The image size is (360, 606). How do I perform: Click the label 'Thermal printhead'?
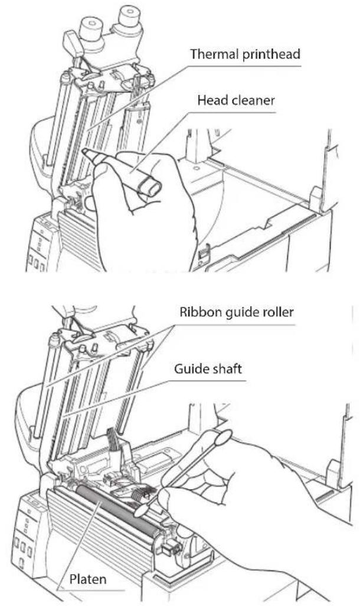[x=245, y=54]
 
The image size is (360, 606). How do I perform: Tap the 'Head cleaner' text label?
[x=236, y=100]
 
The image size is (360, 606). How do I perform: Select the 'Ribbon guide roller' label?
[x=237, y=312]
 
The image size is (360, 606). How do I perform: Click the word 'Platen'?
[x=88, y=579]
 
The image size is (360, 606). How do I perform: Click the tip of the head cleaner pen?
[x=84, y=151]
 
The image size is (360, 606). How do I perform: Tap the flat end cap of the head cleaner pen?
[x=153, y=190]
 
